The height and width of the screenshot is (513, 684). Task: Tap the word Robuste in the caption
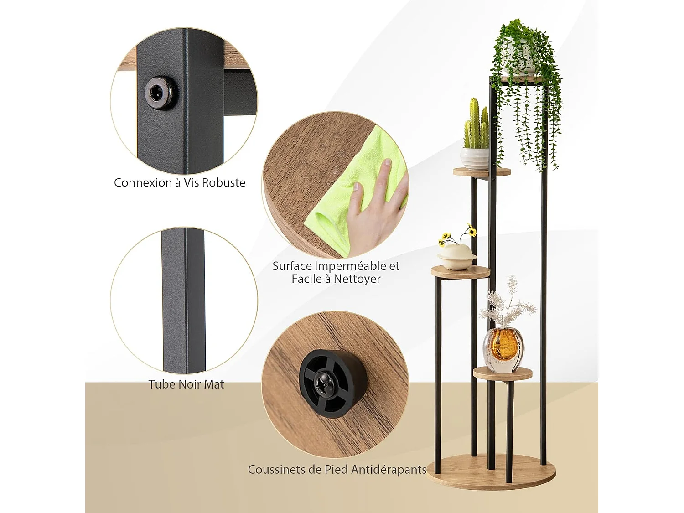pyautogui.click(x=223, y=183)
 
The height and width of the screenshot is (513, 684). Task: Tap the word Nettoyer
pyautogui.click(x=357, y=279)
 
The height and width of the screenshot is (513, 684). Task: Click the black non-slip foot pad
pyautogui.click(x=332, y=383)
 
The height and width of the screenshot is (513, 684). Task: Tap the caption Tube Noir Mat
pyautogui.click(x=186, y=384)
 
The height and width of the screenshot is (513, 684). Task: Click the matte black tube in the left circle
pyautogui.click(x=183, y=301)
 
